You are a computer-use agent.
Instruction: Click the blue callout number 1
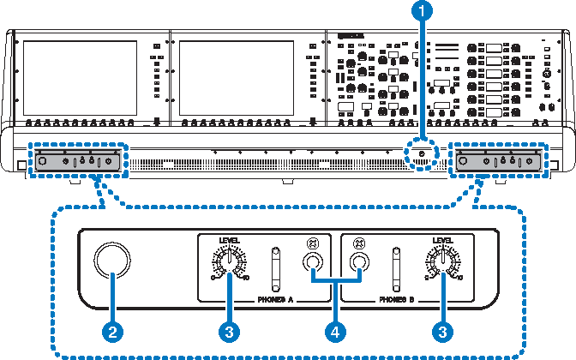click(421, 12)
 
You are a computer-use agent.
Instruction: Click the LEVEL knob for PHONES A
click(230, 259)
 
